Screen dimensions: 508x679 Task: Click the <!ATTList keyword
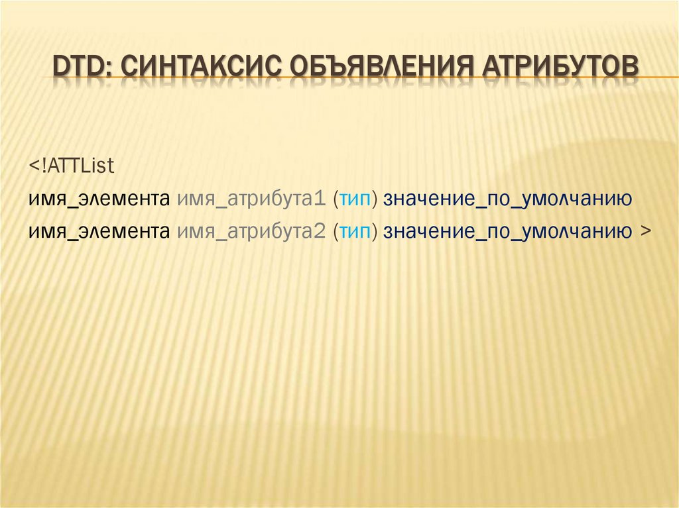[72, 166]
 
